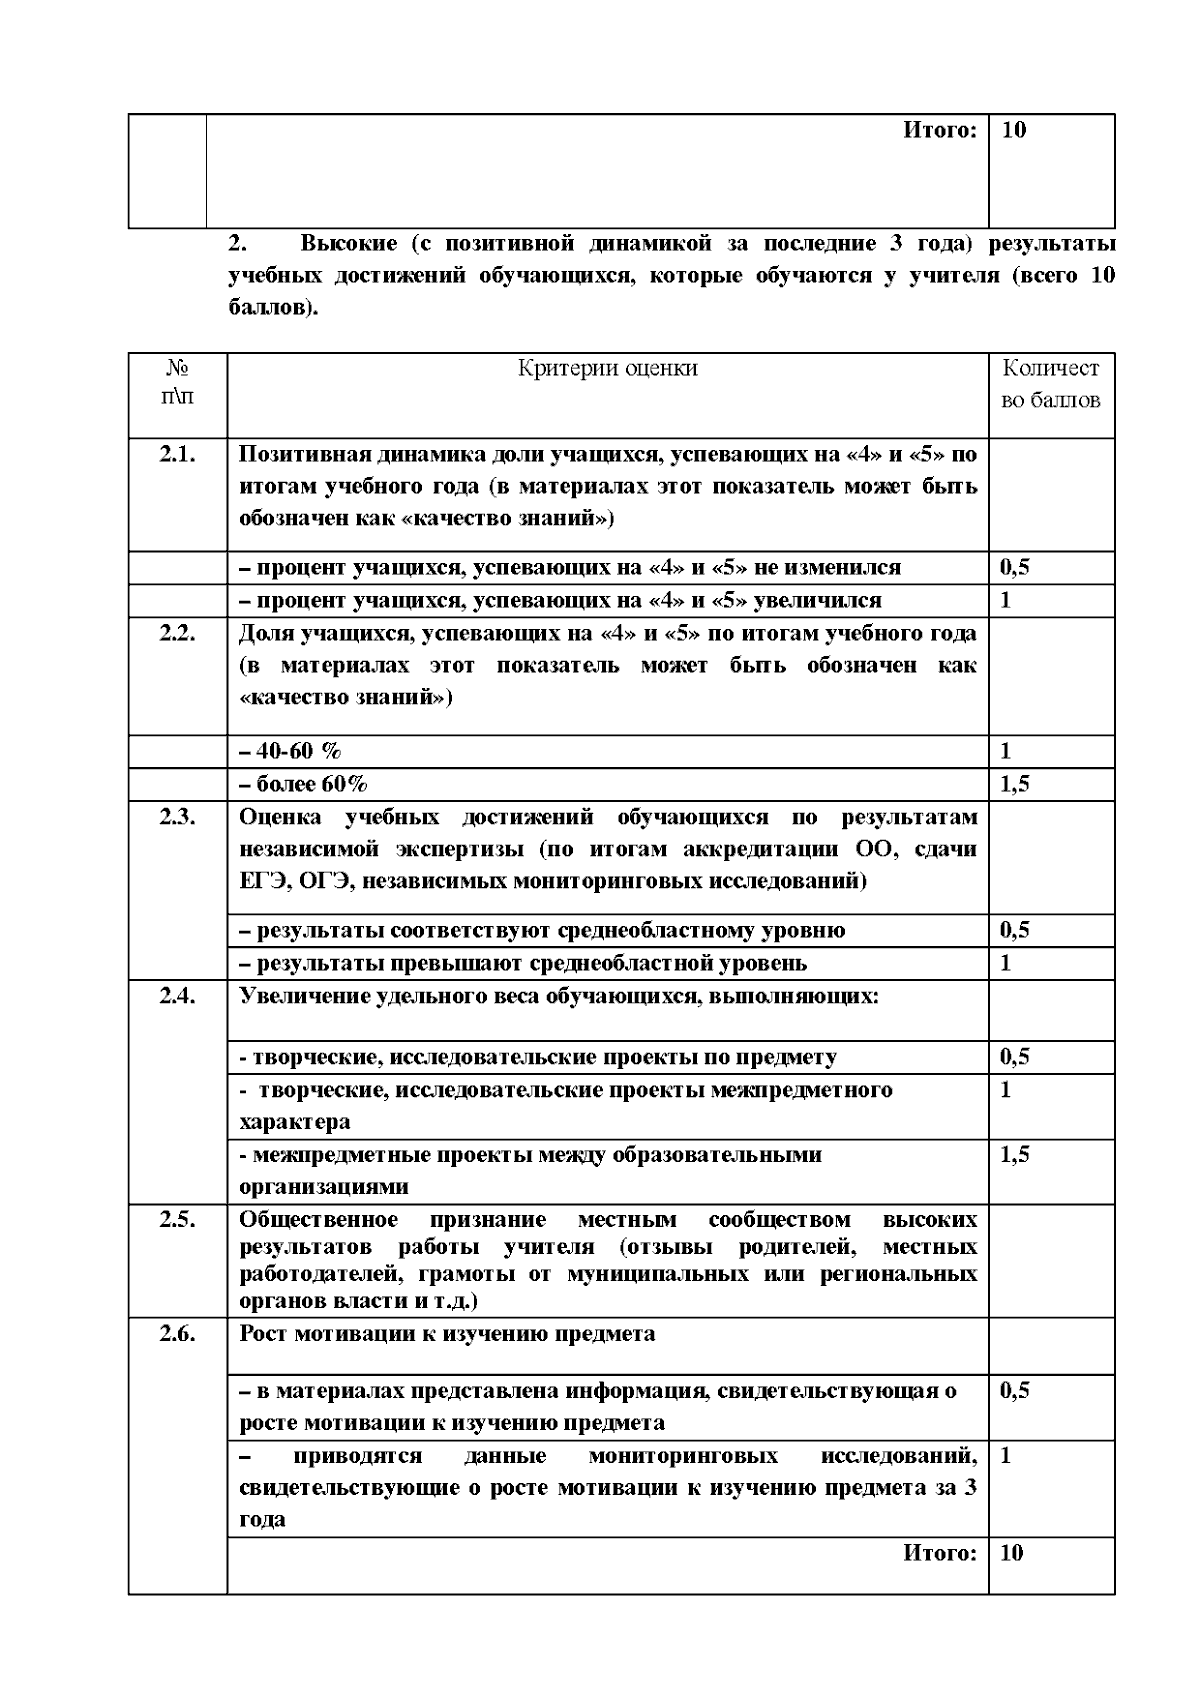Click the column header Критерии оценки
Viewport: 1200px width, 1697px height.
click(x=607, y=368)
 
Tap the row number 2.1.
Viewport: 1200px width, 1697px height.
click(x=177, y=455)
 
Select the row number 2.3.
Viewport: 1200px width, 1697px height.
click(x=177, y=817)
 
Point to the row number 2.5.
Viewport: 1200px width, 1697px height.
click(x=177, y=1220)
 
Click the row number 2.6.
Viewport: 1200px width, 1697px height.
click(x=177, y=1334)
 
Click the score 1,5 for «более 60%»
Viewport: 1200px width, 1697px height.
click(x=1014, y=784)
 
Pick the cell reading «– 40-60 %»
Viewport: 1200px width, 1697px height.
click(x=290, y=751)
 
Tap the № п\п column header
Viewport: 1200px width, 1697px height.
click(x=177, y=383)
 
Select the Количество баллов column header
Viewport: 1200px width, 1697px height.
click(x=1050, y=384)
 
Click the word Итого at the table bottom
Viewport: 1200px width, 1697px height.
click(x=939, y=1553)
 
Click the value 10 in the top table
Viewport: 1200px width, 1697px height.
click(x=1013, y=130)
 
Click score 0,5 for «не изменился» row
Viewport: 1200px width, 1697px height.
click(x=1014, y=568)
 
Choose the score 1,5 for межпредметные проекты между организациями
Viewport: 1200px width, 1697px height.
click(x=1014, y=1155)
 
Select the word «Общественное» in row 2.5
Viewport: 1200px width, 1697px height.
click(x=318, y=1220)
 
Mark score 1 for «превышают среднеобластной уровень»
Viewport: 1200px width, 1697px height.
click(x=1006, y=963)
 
